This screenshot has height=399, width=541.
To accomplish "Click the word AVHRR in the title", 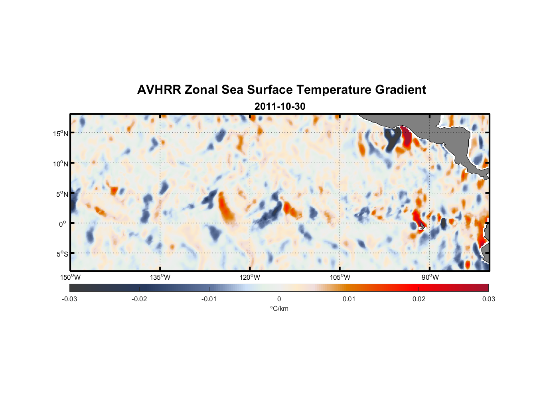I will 159,90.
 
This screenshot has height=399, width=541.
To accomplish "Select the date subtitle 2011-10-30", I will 280,106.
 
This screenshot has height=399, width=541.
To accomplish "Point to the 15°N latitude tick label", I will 61,133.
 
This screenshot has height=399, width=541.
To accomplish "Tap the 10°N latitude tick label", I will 61,164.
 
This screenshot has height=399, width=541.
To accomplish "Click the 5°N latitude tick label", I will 62,194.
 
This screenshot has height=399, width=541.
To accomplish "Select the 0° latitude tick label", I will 63,224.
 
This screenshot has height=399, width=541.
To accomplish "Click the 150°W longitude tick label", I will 70,277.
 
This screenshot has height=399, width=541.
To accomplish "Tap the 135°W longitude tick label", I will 160,277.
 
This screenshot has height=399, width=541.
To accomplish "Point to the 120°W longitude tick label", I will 250,277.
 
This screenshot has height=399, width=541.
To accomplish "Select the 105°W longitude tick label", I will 340,277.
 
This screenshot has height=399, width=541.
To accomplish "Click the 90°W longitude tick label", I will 430,277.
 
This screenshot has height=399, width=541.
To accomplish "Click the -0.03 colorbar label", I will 69,299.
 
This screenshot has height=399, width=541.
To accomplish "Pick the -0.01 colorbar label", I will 209,299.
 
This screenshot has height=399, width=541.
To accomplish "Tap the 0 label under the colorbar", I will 279,299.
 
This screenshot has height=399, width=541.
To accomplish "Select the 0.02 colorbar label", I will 419,299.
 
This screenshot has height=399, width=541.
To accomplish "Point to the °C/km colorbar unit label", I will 279,308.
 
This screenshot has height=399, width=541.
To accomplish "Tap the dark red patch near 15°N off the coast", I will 407,136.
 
